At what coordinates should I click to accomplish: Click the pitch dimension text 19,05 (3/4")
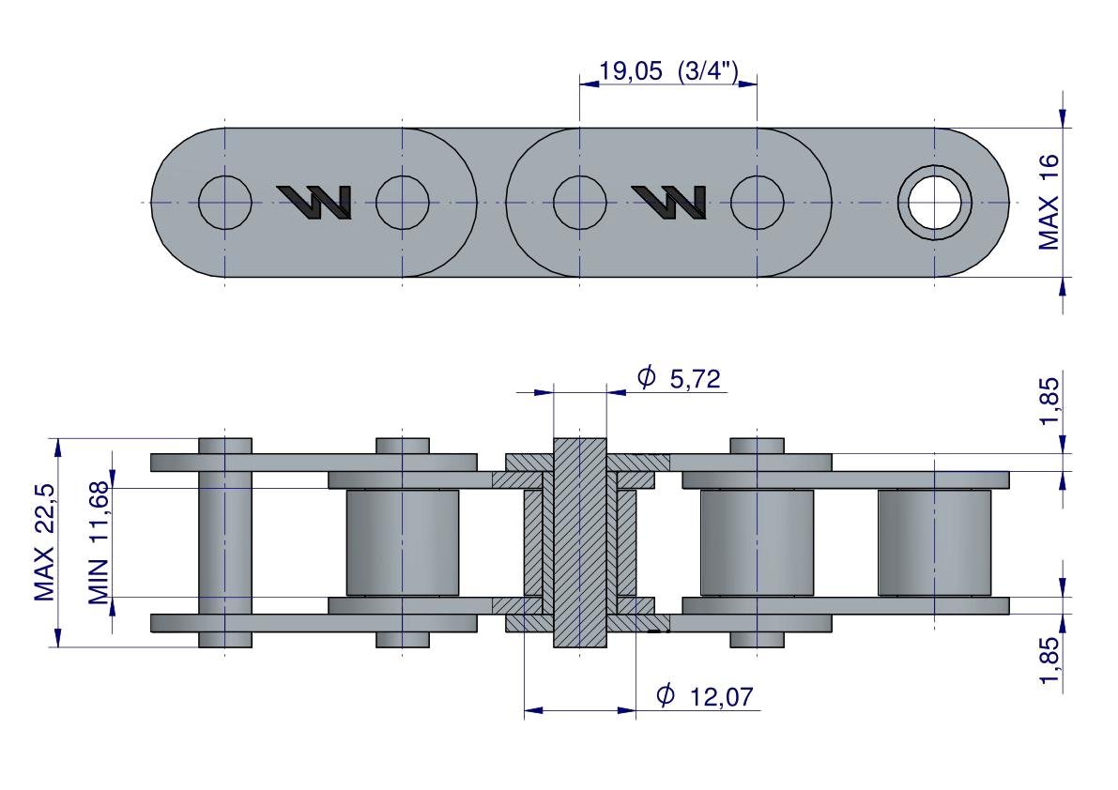point(668,71)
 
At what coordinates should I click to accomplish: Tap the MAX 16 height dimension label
point(1049,203)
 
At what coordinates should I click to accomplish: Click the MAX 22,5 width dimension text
point(44,542)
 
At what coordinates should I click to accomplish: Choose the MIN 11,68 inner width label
point(99,543)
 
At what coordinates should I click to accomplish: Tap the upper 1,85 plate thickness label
point(1049,401)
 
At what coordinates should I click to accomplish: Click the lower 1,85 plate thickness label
point(1049,661)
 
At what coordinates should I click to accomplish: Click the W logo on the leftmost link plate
point(314,203)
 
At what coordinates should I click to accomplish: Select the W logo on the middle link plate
point(668,203)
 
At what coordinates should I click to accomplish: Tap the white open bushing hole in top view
point(935,203)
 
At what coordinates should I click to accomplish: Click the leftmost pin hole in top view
point(225,203)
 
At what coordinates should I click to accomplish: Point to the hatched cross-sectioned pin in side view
point(580,543)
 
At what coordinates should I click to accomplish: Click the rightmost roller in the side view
point(934,543)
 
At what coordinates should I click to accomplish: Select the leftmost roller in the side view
point(402,543)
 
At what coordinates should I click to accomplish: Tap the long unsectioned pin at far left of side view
point(225,543)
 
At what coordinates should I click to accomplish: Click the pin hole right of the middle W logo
point(758,203)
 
